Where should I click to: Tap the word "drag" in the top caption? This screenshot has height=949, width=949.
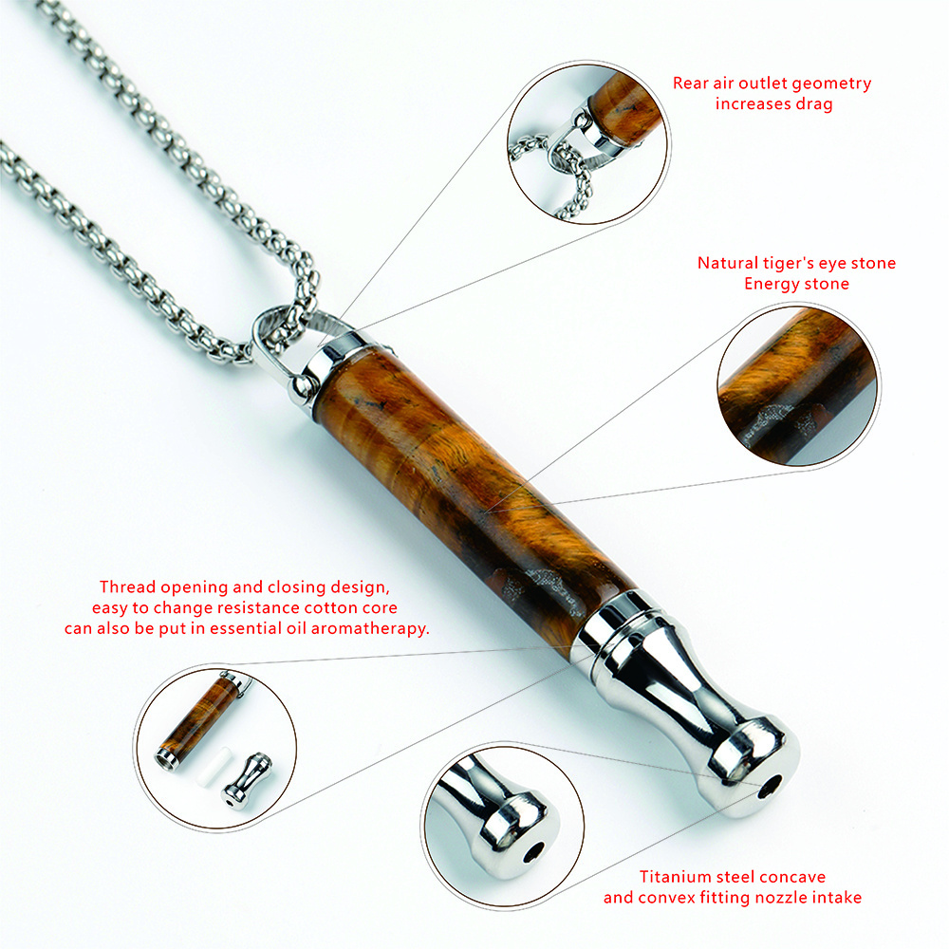(813, 104)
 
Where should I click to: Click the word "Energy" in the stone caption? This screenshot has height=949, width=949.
(771, 284)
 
